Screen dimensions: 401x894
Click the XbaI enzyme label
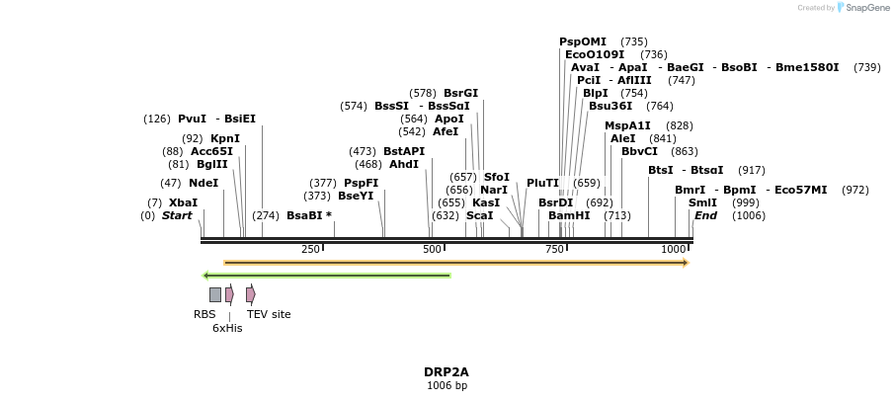coord(183,202)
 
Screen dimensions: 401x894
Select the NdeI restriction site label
coord(203,183)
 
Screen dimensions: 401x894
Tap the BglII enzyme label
coord(212,164)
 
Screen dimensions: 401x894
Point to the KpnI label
coord(225,138)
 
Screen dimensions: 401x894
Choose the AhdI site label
coord(404,164)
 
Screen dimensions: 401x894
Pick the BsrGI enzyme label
coord(460,93)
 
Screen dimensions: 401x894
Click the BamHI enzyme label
coord(569,215)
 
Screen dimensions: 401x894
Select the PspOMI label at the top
coord(583,41)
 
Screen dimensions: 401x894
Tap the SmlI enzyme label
coord(702,202)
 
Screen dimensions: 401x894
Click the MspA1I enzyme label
coord(627,125)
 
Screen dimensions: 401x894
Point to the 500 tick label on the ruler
coord(432,250)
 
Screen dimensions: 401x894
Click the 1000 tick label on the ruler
coord(674,250)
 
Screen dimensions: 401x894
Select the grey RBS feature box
coord(214,294)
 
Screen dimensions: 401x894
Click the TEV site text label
coord(269,314)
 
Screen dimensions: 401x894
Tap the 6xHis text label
coord(227,328)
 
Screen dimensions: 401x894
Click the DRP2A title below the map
coord(447,372)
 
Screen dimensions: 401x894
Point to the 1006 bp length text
coord(447,385)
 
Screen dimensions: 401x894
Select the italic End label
coord(705,215)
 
